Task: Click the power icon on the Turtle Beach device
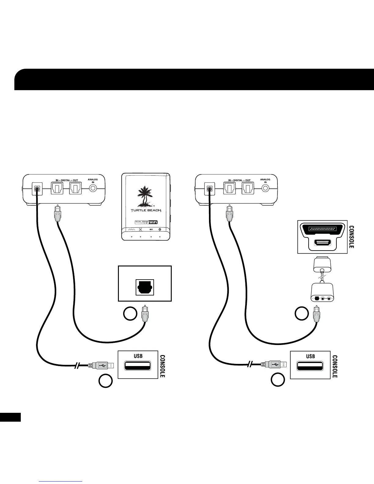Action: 160,229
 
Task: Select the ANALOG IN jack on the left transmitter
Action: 93,188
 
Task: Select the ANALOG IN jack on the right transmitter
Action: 266,188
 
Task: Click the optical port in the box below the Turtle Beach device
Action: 145,287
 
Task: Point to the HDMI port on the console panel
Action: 323,242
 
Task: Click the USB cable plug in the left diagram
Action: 101,365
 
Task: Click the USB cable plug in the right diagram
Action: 273,365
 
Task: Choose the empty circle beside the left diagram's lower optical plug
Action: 130,314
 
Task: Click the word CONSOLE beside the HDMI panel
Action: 352,237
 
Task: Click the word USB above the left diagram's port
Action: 138,356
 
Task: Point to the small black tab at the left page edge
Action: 10,417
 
